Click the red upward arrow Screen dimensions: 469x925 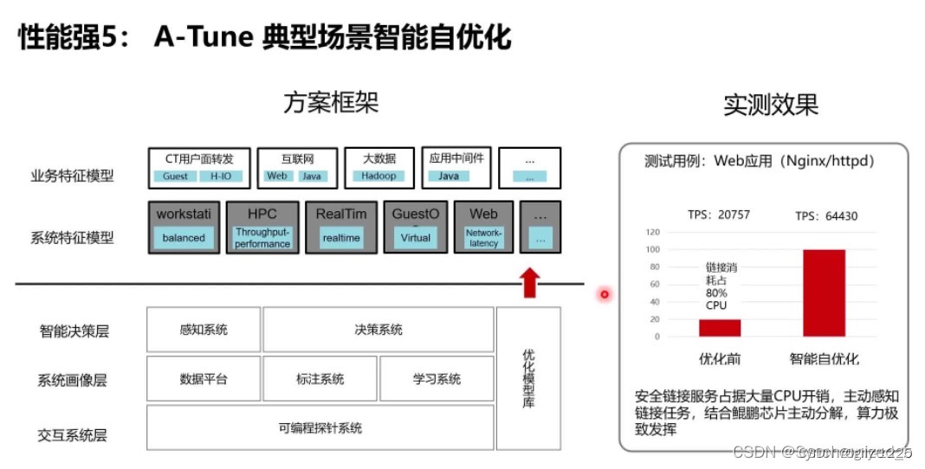(529, 282)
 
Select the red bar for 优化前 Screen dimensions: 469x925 (720, 327)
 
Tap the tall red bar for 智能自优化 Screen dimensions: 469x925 (824, 293)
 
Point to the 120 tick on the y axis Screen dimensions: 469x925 (652, 232)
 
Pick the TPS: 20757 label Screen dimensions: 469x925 (718, 215)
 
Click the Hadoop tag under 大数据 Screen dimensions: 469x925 (378, 177)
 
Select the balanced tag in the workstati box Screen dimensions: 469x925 (184, 238)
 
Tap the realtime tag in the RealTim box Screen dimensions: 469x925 (340, 238)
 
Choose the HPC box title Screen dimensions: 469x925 (262, 214)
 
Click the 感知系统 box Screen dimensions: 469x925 (204, 330)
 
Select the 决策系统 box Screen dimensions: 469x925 (378, 330)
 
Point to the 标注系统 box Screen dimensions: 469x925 (320, 379)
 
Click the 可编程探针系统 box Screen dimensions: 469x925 (320, 428)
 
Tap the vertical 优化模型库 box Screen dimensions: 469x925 (528, 378)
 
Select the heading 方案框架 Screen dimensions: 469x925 (331, 103)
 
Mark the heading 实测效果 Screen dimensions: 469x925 (770, 105)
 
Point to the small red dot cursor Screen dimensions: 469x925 (605, 295)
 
